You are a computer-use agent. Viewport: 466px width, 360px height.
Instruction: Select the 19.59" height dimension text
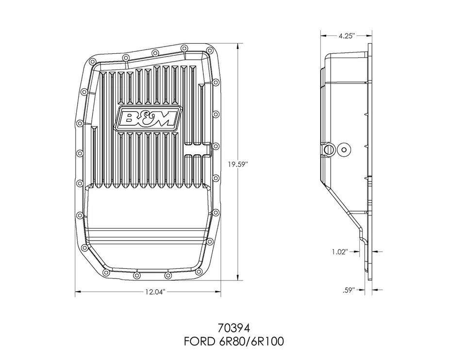point(238,164)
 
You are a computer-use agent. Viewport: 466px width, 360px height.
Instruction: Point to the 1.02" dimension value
point(340,251)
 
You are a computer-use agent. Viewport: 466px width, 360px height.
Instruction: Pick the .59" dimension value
point(349,290)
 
